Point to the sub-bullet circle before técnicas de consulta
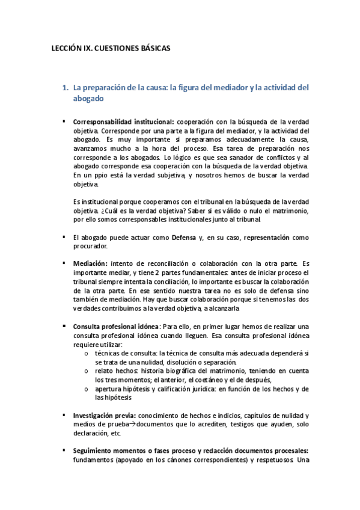click(88, 354)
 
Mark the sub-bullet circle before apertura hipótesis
click(88, 389)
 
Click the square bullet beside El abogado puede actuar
click(63, 237)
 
